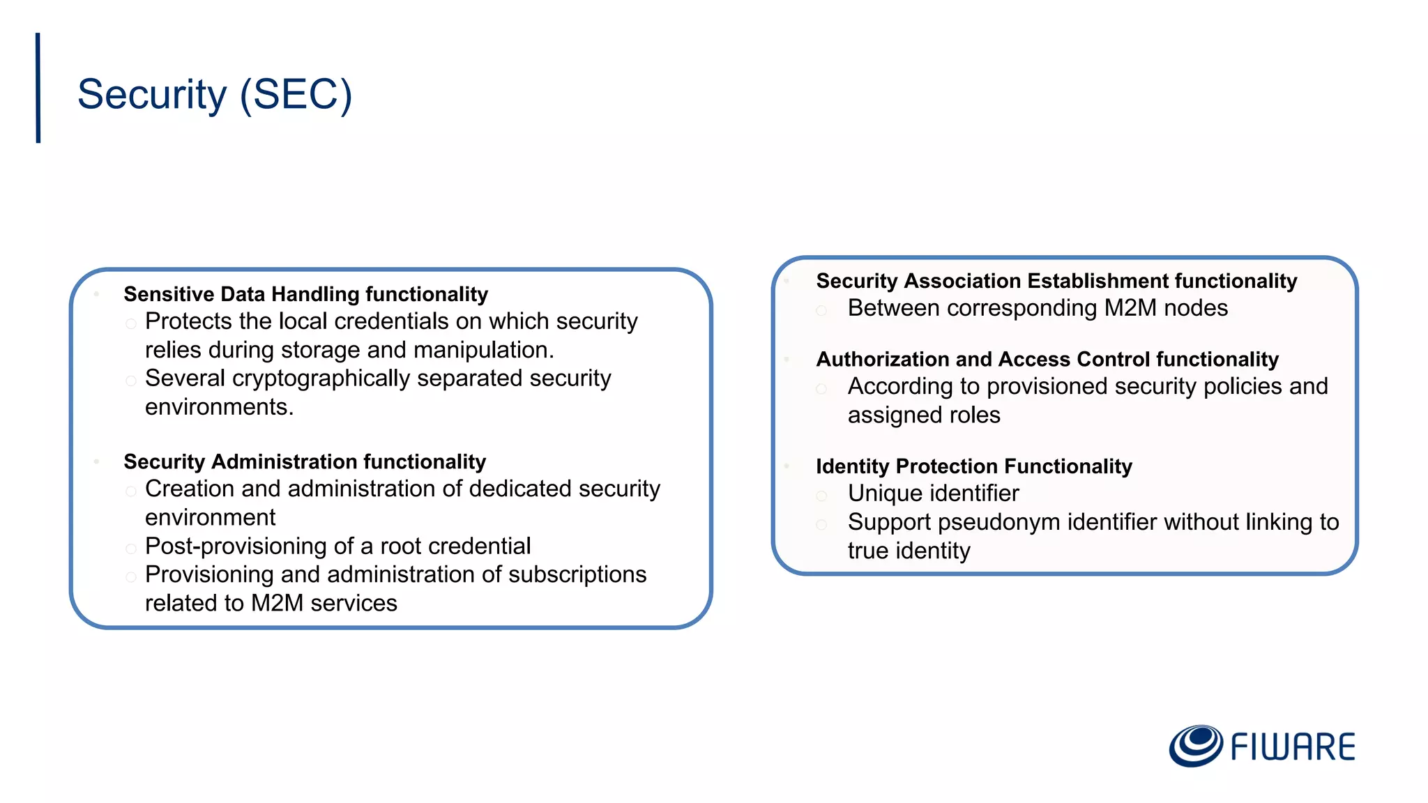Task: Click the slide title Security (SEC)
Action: [215, 94]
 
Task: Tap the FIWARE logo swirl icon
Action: [1195, 746]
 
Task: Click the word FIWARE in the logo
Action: [1292, 747]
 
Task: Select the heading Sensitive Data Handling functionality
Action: [305, 294]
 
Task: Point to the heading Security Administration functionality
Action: [305, 461]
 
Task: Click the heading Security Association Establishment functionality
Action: [1056, 281]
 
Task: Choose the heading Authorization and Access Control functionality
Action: [1047, 359]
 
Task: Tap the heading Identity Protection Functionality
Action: [974, 466]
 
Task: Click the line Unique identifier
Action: [933, 494]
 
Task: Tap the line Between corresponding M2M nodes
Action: [1038, 308]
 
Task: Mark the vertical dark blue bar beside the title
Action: [38, 88]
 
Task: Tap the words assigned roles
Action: [924, 415]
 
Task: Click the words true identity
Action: [909, 551]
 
